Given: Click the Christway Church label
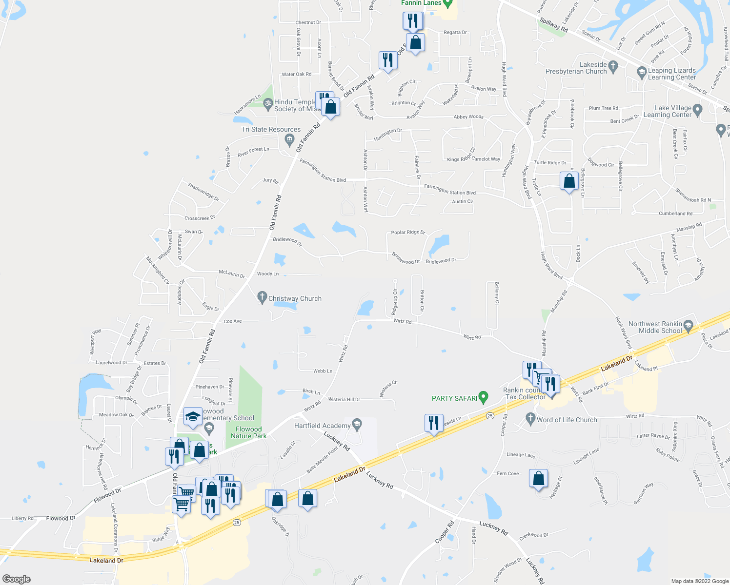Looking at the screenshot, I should [x=295, y=298].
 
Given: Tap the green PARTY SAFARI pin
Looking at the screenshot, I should [x=483, y=397].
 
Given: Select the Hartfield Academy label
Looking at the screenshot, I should [x=322, y=426].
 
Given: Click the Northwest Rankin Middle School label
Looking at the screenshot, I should [x=655, y=327].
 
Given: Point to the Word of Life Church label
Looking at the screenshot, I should [x=566, y=420].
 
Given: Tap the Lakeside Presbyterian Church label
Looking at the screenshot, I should [x=576, y=68].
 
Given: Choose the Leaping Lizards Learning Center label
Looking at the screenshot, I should [x=672, y=74].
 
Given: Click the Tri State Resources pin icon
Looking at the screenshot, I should [x=289, y=140].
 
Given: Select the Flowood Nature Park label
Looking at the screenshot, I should [x=249, y=432].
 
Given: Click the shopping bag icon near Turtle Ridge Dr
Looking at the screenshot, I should [x=569, y=181].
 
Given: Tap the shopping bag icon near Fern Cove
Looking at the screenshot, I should [x=538, y=478].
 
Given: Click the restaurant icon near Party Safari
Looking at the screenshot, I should [x=433, y=423].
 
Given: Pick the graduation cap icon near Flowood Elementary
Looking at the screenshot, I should [x=193, y=416].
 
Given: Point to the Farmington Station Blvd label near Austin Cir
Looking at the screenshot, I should [x=449, y=190].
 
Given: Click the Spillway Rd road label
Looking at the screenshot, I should [x=554, y=25].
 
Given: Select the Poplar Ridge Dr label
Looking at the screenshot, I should [x=408, y=233].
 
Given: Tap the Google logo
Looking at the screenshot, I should [x=17, y=579].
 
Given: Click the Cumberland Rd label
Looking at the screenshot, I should [x=675, y=214].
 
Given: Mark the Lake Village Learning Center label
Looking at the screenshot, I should [x=667, y=111].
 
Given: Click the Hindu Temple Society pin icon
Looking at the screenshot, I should [x=267, y=103].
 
